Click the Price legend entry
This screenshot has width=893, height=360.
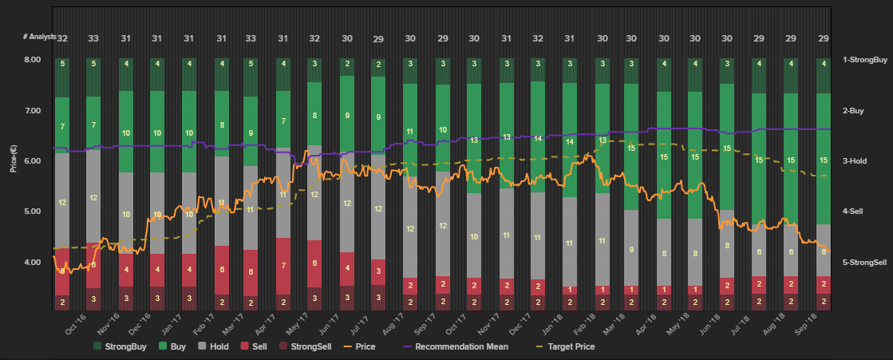click(x=365, y=346)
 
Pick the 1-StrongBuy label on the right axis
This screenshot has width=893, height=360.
click(x=865, y=60)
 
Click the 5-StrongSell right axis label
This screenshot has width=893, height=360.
click(x=865, y=262)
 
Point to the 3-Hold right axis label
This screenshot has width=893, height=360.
click(x=855, y=161)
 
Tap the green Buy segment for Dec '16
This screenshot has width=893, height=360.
click(x=157, y=133)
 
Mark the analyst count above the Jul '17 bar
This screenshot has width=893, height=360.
click(x=377, y=39)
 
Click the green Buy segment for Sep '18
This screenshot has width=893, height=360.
click(x=822, y=160)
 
